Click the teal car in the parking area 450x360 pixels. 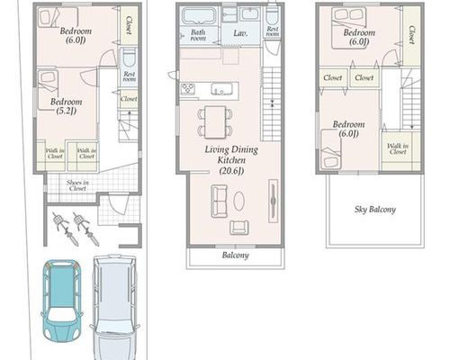61,301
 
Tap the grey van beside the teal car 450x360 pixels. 114,308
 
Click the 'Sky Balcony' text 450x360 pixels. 375,210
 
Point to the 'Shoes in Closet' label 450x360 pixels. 77,185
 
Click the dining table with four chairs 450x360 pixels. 215,122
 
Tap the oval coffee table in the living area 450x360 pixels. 238,201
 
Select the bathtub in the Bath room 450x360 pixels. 199,16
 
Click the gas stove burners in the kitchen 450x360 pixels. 188,89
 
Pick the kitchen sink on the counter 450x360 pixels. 221,89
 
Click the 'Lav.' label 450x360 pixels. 240,33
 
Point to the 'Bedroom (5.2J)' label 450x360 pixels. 66,106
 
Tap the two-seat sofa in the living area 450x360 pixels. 220,201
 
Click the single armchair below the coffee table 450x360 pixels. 239,227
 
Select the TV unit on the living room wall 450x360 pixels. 273,201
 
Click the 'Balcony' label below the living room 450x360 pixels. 235,256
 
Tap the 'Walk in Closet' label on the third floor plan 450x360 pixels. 398,148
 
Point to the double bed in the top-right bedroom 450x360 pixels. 348,28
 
